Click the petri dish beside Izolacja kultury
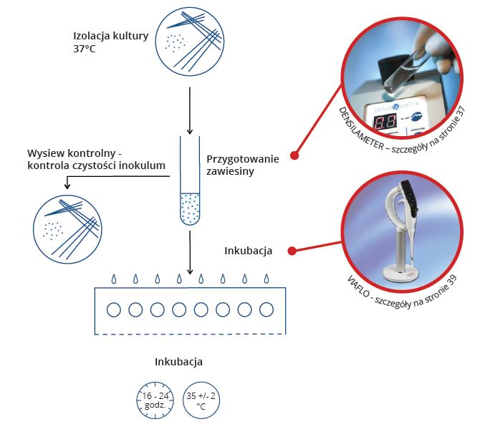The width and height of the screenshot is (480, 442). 190,42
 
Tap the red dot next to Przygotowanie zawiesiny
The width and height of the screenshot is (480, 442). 294,155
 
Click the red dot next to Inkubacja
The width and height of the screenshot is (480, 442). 292,251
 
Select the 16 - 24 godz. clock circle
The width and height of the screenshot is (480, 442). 154,399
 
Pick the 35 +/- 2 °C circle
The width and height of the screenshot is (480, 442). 201,399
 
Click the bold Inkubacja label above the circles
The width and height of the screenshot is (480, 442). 178,362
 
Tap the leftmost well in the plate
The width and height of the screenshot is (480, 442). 112,310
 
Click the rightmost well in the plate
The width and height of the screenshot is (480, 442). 267,310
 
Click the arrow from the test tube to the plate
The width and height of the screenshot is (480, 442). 190,255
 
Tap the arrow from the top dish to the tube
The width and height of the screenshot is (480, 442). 190,110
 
